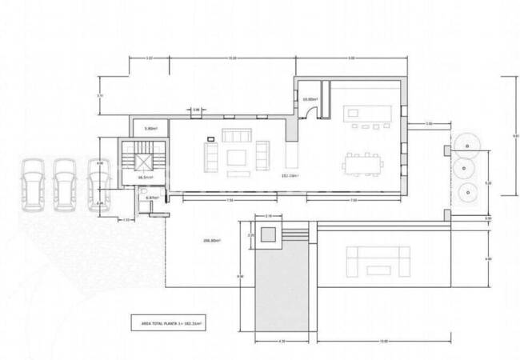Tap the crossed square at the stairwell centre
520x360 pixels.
pyautogui.click(x=143, y=162)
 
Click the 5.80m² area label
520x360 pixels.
pyautogui.click(x=150, y=129)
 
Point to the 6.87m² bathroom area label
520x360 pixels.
pyautogui.click(x=152, y=197)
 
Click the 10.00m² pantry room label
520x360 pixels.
pyautogui.click(x=310, y=99)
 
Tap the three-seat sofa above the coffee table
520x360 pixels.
pyautogui.click(x=237, y=134)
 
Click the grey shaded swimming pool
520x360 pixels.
pyautogui.click(x=281, y=280)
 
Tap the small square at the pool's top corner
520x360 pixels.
pyautogui.click(x=268, y=234)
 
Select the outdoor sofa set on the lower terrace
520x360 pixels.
pyautogui.click(x=378, y=261)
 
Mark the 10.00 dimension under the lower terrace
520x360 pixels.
pyautogui.click(x=385, y=342)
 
